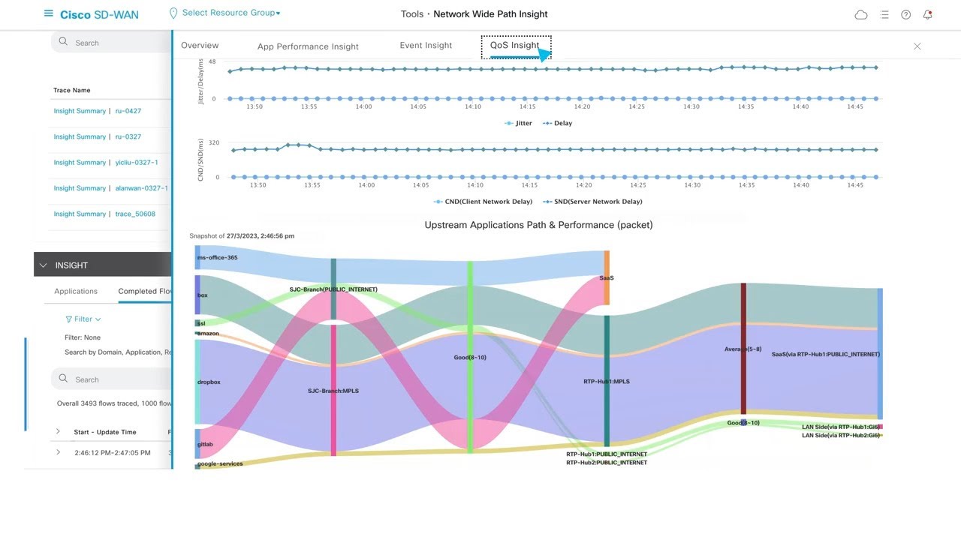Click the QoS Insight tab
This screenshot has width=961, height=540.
514,46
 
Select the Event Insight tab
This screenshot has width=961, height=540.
426,46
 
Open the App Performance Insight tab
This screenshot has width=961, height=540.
308,46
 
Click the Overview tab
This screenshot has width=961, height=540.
200,46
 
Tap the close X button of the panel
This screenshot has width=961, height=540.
917,46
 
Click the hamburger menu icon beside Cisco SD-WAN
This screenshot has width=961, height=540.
49,13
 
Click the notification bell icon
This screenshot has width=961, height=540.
927,14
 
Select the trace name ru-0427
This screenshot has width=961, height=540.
128,111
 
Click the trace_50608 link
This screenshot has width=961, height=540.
135,214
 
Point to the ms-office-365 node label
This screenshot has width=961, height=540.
217,258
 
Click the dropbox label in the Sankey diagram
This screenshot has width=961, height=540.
209,382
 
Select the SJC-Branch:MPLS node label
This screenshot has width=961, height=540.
333,391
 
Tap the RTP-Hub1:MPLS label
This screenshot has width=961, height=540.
606,382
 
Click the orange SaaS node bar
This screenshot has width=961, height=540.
607,278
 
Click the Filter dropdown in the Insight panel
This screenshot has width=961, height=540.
83,319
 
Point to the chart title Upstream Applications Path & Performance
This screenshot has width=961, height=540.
538,225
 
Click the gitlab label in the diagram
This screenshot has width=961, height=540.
205,445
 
